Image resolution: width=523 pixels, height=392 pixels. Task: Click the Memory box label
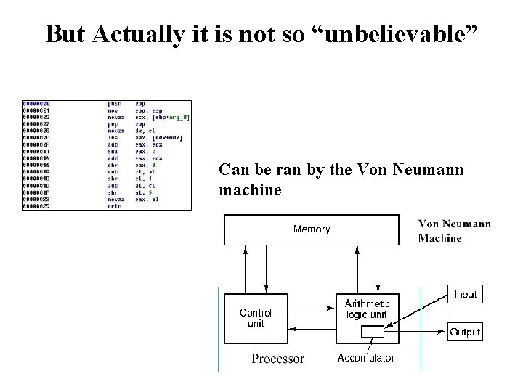coord(312,229)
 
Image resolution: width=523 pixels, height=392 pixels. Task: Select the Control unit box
coord(256,318)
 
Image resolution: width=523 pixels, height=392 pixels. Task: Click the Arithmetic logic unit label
coord(368,309)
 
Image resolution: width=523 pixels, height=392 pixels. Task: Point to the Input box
coord(466,294)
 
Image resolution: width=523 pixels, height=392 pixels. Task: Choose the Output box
coord(466,332)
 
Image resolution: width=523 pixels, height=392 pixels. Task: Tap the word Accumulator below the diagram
coord(366,358)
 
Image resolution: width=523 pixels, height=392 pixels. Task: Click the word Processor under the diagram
coord(278,359)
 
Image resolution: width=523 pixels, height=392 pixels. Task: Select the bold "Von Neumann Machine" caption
coord(454,231)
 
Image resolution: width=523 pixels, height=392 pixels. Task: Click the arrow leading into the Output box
coord(425,332)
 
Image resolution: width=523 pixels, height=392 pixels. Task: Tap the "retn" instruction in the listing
coord(115,206)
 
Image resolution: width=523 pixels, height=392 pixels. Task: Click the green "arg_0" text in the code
coord(176,116)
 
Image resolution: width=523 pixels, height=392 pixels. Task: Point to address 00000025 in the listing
coord(36,206)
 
